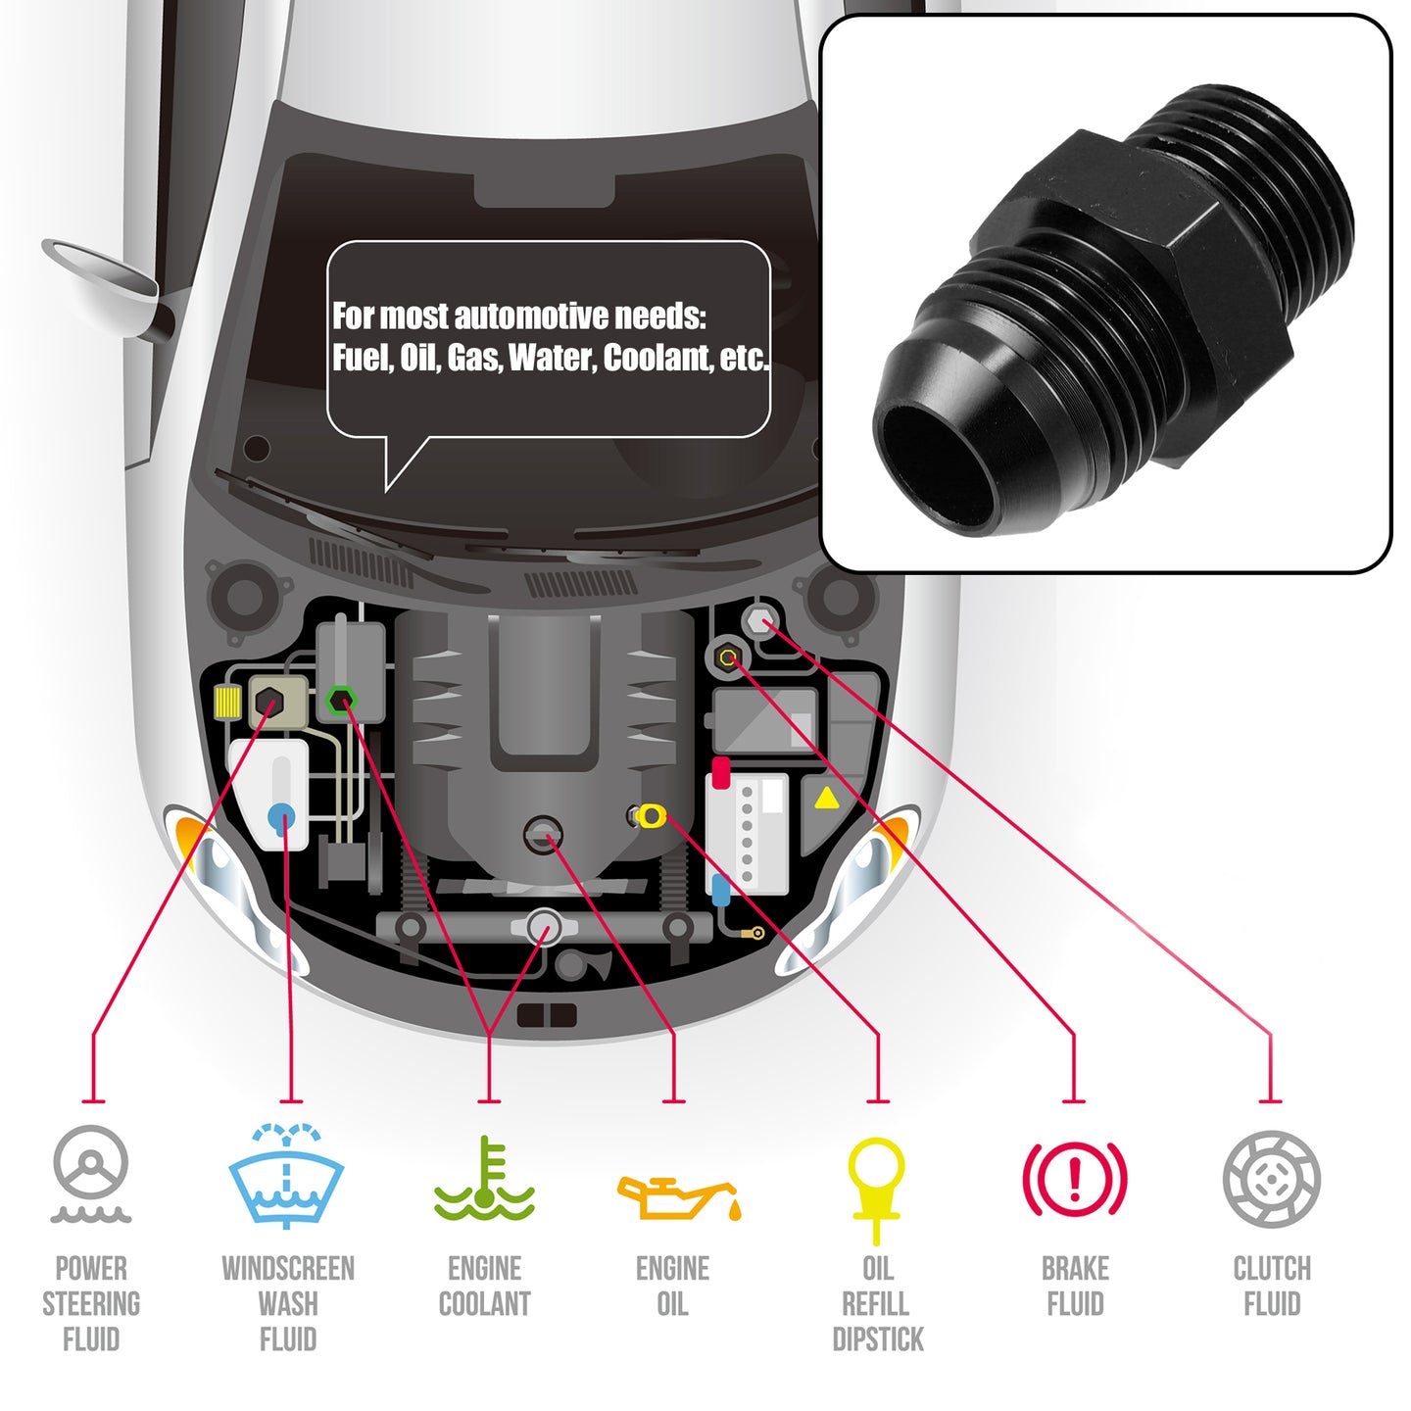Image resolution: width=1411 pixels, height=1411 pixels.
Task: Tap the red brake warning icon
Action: click(1075, 1179)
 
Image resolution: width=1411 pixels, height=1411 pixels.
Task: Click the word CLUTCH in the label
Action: click(1272, 1269)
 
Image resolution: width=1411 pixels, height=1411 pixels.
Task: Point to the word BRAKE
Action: click(1075, 1269)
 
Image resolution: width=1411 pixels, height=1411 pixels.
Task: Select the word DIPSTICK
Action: click(878, 1339)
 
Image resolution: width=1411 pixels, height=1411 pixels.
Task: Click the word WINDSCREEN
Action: click(288, 1269)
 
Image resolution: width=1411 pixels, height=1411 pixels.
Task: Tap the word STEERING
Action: click(91, 1304)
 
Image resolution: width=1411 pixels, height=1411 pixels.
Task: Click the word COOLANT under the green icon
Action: click(484, 1304)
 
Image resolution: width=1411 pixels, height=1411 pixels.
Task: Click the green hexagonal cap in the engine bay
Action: click(340, 701)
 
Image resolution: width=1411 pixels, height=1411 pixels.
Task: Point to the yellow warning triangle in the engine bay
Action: click(827, 799)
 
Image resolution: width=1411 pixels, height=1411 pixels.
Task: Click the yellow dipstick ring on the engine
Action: click(651, 815)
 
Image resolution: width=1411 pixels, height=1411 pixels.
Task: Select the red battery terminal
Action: click(720, 773)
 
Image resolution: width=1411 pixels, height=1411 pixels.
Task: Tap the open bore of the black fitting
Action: click(941, 465)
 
